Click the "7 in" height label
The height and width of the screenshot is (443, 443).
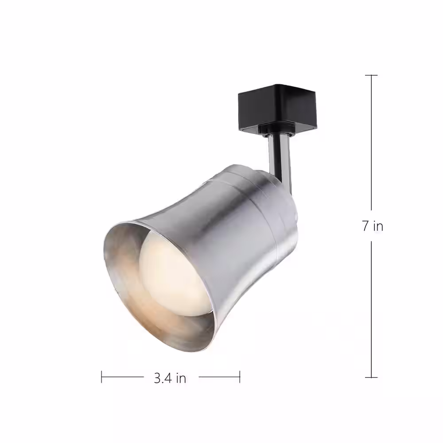coord(372,226)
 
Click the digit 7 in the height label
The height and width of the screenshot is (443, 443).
coord(365,226)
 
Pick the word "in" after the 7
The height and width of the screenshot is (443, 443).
coord(377,226)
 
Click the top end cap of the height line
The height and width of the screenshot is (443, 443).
coord(371,75)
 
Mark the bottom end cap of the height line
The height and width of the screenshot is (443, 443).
coord(371,377)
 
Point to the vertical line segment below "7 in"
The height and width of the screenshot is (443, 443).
coord(371,310)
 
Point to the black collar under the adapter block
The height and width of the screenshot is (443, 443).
coord(277,129)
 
